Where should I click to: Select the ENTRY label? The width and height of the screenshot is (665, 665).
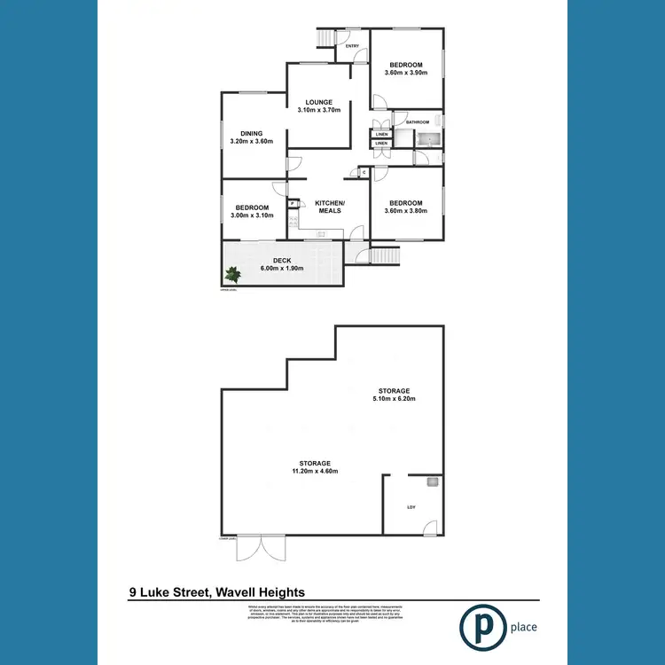[352, 46]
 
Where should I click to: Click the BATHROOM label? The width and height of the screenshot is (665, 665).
[418, 122]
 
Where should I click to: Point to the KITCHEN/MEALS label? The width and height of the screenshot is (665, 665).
[331, 207]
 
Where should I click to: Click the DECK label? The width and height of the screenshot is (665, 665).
[282, 261]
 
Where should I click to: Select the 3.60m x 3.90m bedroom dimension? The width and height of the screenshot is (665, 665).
[406, 73]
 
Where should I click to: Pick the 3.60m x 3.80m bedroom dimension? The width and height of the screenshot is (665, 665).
[406, 211]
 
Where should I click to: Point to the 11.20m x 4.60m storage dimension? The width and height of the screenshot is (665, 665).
[315, 471]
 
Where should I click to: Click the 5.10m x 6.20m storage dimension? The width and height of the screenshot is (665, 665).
[395, 399]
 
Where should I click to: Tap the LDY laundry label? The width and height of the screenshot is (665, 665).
[411, 507]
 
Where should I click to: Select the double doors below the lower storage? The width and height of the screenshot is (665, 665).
[262, 549]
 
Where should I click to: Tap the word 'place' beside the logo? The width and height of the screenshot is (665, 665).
[524, 628]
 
